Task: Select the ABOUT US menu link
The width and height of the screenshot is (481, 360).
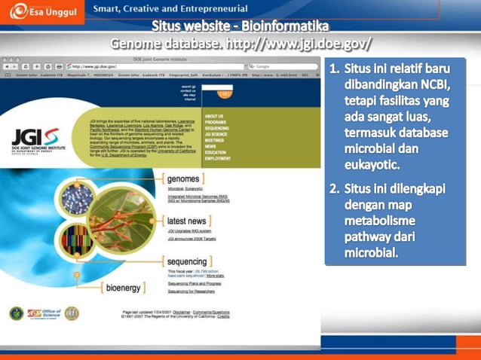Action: [x=214, y=116]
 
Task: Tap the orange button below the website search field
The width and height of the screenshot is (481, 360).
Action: [x=224, y=95]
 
